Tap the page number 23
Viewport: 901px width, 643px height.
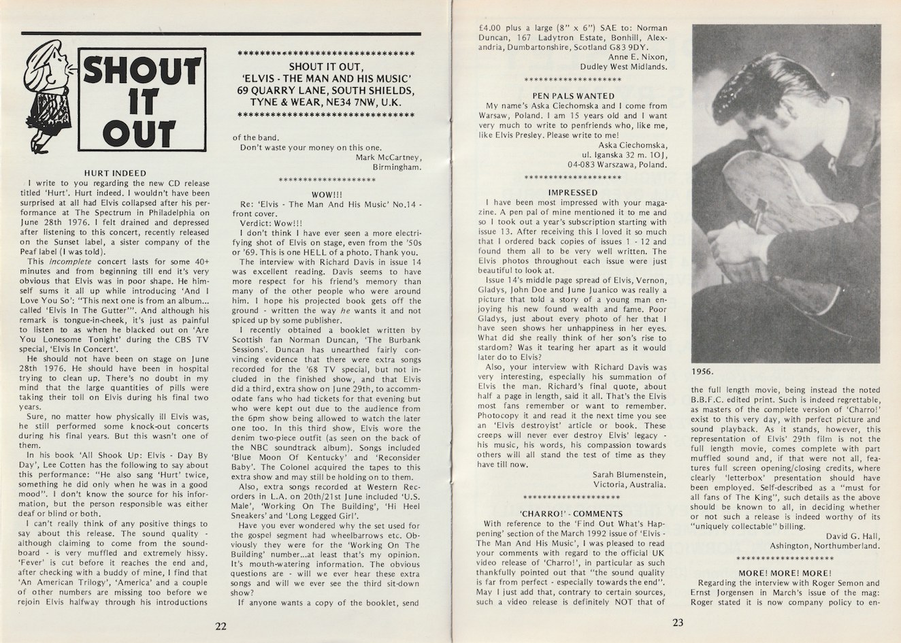click(678, 621)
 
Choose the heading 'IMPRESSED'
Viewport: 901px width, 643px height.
click(573, 193)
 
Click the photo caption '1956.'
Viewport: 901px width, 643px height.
click(706, 372)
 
